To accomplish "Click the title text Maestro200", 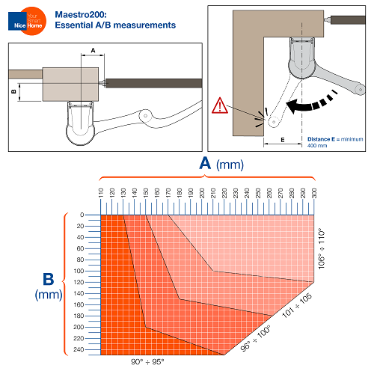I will click(x=82, y=14).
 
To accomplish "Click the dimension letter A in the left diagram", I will click(x=92, y=49).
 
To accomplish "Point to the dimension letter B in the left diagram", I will click(x=13, y=91).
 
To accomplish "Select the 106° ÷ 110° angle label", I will click(x=323, y=249).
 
